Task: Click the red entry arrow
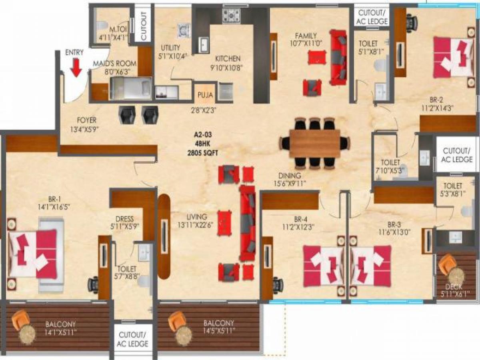pyautogui.click(x=76, y=68)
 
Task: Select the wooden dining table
pyautogui.click(x=314, y=143)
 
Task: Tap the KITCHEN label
pyautogui.click(x=228, y=58)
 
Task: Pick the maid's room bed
pyautogui.click(x=131, y=88)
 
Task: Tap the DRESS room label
pyautogui.click(x=124, y=219)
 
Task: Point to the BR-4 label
pyautogui.click(x=300, y=219)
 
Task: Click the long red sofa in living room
pyautogui.click(x=247, y=223)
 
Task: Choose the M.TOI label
pyautogui.click(x=118, y=29)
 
